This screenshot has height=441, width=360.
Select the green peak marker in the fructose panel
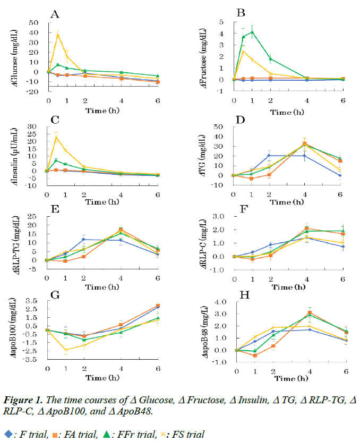[252, 31]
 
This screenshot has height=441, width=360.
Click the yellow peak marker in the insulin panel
[57, 138]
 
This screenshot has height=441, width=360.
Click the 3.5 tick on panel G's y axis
[32, 301]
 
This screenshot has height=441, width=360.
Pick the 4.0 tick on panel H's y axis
[222, 302]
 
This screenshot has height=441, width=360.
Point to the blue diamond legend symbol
[7, 434]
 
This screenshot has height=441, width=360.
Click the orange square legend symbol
[56, 434]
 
